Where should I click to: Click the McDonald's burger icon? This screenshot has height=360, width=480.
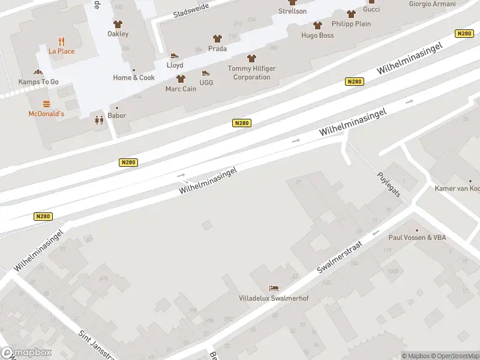pyautogui.click(x=46, y=104)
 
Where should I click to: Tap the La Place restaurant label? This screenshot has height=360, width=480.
pyautogui.click(x=62, y=51)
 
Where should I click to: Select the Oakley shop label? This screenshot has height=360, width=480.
pyautogui.click(x=118, y=34)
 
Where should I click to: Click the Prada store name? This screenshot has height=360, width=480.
pyautogui.click(x=217, y=49)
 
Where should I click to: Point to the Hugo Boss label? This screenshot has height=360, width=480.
pyautogui.click(x=317, y=35)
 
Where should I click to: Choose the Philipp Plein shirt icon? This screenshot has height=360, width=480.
pyautogui.click(x=351, y=14)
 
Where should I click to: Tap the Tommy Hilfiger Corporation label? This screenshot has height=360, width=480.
pyautogui.click(x=251, y=73)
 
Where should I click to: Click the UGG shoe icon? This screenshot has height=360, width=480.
pyautogui.click(x=206, y=74)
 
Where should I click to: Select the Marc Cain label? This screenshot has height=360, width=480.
pyautogui.click(x=181, y=89)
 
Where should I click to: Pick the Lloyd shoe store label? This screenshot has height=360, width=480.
pyautogui.click(x=175, y=65)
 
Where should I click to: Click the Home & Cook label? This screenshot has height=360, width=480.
pyautogui.click(x=134, y=77)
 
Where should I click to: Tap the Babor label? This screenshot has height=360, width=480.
pyautogui.click(x=117, y=116)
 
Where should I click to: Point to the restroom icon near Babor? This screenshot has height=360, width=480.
pyautogui.click(x=99, y=119)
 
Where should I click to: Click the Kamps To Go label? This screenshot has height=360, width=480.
pyautogui.click(x=38, y=82)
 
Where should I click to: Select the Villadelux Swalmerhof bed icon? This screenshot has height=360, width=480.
pyautogui.click(x=274, y=289)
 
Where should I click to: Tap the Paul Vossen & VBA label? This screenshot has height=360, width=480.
pyautogui.click(x=417, y=238)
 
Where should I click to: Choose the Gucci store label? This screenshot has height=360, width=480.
pyautogui.click(x=371, y=10)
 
